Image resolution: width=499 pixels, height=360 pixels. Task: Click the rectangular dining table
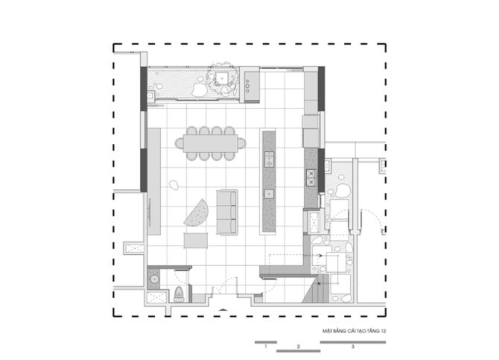(210, 143)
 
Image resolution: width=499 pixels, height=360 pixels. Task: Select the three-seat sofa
(227, 212)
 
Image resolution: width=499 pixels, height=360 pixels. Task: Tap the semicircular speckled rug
(197, 213)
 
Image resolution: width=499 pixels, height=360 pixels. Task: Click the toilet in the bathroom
(179, 294)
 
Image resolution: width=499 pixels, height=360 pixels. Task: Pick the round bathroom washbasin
(155, 279)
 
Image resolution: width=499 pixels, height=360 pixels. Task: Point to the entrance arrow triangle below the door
(223, 309)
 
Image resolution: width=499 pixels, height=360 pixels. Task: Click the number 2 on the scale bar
(298, 347)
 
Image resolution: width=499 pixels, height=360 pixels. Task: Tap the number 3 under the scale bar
(352, 347)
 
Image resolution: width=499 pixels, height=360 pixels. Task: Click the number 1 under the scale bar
(266, 347)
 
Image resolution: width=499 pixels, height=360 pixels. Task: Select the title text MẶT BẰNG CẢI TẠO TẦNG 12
(355, 332)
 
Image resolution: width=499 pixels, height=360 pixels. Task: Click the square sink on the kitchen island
(269, 193)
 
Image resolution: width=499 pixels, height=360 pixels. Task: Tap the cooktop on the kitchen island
(269, 160)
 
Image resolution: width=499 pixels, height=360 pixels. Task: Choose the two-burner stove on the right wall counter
(311, 178)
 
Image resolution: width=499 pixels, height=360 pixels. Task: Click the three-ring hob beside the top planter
(247, 86)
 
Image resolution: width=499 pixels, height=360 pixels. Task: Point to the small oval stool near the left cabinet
(174, 185)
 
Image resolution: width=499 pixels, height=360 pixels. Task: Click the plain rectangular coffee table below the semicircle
(196, 240)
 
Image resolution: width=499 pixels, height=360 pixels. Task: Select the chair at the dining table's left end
(179, 143)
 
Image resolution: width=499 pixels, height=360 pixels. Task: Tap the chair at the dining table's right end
(242, 143)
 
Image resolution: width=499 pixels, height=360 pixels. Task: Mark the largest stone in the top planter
(199, 89)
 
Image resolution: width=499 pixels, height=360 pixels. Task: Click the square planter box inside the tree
(221, 78)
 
